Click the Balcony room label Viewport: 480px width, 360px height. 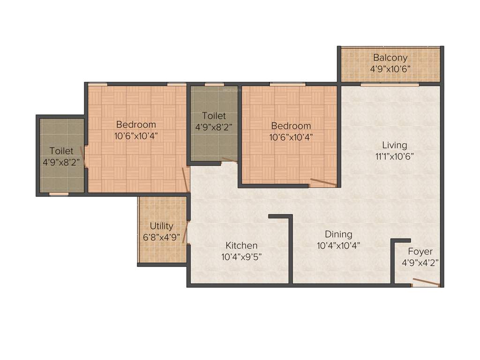(x=390, y=58)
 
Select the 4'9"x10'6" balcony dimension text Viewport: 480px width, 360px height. (x=390, y=68)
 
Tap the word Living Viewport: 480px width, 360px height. (x=394, y=145)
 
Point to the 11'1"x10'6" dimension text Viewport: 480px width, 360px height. (x=394, y=156)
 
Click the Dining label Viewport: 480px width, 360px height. (x=338, y=234)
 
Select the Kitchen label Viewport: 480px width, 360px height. (x=241, y=246)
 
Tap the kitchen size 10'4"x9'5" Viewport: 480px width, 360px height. (x=241, y=256)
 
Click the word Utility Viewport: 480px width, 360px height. (x=161, y=226)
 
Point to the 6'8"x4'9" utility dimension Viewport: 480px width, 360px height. (x=161, y=237)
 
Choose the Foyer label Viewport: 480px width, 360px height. (x=420, y=252)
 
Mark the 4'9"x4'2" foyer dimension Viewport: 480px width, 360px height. (x=420, y=262)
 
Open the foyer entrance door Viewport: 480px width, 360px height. (x=426, y=282)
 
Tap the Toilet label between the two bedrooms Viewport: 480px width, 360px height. (x=214, y=116)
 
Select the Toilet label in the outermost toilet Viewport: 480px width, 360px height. (x=61, y=151)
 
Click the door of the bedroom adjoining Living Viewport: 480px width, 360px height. (x=323, y=182)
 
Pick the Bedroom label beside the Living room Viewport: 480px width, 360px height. (x=291, y=126)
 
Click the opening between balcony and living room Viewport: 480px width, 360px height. (x=390, y=85)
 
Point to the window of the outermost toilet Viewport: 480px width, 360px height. (x=59, y=193)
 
